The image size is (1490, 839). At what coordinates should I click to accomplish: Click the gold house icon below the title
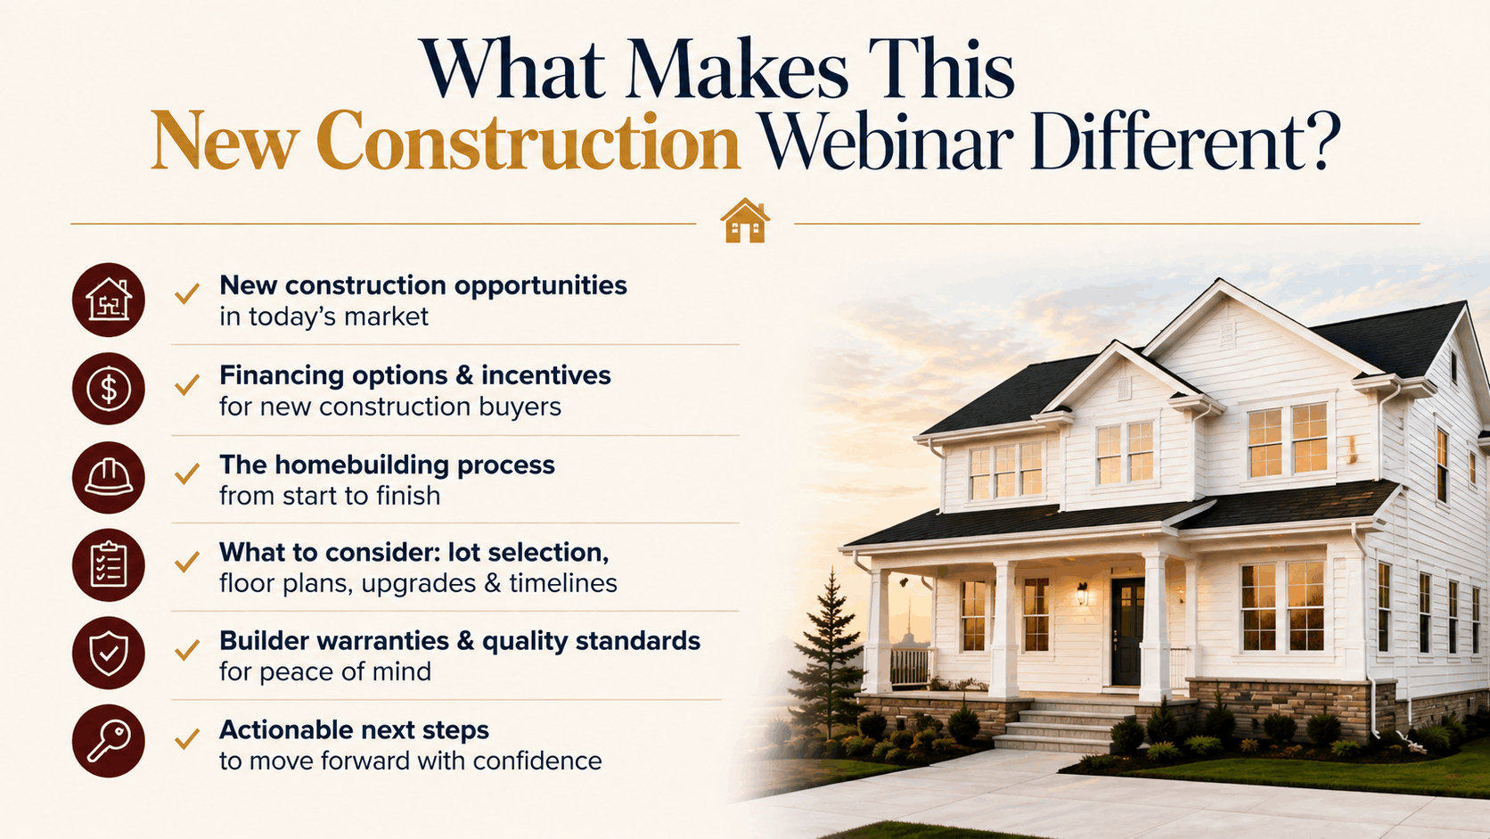click(x=745, y=220)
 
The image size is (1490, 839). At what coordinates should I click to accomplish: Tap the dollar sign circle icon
click(x=109, y=389)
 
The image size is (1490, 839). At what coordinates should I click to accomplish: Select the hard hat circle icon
click(x=109, y=477)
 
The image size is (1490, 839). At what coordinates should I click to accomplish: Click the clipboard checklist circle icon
click(x=109, y=565)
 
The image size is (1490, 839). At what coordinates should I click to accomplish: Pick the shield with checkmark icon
click(x=109, y=653)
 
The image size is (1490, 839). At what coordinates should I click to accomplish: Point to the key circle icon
click(x=109, y=741)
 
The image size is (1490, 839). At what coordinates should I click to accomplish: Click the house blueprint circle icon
click(x=109, y=300)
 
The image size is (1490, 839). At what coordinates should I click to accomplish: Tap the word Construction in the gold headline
click(x=528, y=142)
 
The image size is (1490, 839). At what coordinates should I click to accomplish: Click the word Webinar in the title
click(x=885, y=142)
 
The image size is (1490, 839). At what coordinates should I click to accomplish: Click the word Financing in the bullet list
click(x=281, y=376)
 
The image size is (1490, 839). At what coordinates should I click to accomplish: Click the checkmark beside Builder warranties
click(x=187, y=649)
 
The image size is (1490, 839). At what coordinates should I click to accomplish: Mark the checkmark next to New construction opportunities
click(x=187, y=293)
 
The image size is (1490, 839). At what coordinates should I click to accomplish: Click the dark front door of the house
click(x=1126, y=631)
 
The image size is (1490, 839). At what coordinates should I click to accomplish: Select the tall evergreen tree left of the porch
click(x=830, y=652)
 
